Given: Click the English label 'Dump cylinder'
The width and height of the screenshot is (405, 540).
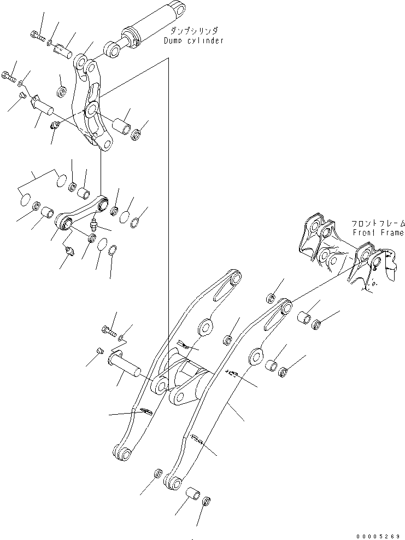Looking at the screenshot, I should [x=193, y=40].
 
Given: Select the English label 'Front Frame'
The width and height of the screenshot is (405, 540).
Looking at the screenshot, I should [x=378, y=233].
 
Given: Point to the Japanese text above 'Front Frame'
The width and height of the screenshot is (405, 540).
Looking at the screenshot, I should [x=378, y=224].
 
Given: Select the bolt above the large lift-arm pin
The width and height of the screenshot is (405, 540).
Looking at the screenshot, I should [x=108, y=330].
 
